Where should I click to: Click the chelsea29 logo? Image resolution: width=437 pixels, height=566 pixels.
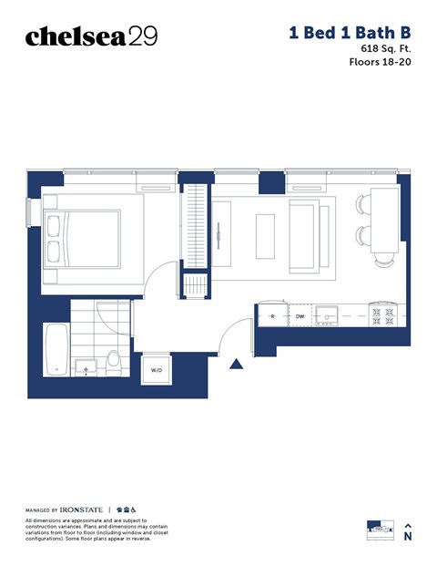91,36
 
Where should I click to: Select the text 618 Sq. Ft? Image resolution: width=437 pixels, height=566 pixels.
381,47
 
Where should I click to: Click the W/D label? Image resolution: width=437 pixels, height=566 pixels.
156,370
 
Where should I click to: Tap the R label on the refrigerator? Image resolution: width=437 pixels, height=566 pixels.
272,316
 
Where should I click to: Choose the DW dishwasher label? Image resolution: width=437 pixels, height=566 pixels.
300,316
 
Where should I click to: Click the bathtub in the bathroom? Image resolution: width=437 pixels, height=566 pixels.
56,350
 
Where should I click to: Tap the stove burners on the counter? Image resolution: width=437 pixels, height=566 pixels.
382,316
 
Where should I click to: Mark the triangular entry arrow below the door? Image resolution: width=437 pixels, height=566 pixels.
236,365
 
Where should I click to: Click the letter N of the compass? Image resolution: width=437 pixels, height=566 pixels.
408,538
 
